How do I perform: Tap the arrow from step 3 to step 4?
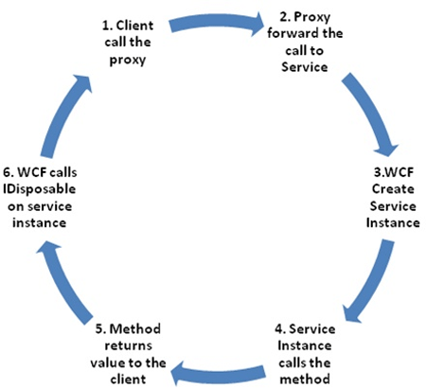372,282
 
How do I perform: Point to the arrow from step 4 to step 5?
218,374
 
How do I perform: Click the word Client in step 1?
134,26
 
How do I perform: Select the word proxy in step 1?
128,60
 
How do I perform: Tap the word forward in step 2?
289,33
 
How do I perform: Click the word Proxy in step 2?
311,17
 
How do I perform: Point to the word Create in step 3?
393,189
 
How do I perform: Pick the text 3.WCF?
393,172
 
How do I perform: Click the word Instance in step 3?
393,222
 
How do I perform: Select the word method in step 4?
305,379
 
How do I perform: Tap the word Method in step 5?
135,328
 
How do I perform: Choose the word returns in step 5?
128,345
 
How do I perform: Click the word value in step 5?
106,362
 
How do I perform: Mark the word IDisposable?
40,189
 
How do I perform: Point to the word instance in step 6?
40,222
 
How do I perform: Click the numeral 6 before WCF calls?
7,172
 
